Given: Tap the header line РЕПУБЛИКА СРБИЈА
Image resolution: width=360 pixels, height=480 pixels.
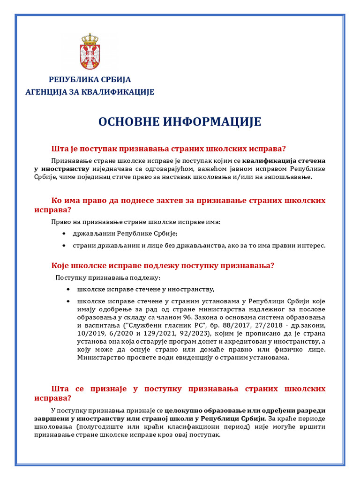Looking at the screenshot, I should [90, 80].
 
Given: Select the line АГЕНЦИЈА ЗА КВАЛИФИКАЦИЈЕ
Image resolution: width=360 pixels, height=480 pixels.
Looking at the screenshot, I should [90, 92].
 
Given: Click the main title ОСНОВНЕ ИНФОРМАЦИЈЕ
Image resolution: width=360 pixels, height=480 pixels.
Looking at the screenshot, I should [180, 122].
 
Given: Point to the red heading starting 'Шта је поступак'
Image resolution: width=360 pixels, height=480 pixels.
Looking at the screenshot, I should [168, 149].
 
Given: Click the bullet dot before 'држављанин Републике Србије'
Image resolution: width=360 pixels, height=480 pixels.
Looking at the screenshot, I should [64, 234].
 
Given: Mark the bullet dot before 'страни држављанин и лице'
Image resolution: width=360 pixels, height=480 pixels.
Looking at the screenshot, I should [64, 246].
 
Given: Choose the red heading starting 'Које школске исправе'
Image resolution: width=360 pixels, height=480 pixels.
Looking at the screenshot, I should [162, 266].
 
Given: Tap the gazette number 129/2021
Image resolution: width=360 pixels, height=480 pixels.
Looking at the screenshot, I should [145, 333].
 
